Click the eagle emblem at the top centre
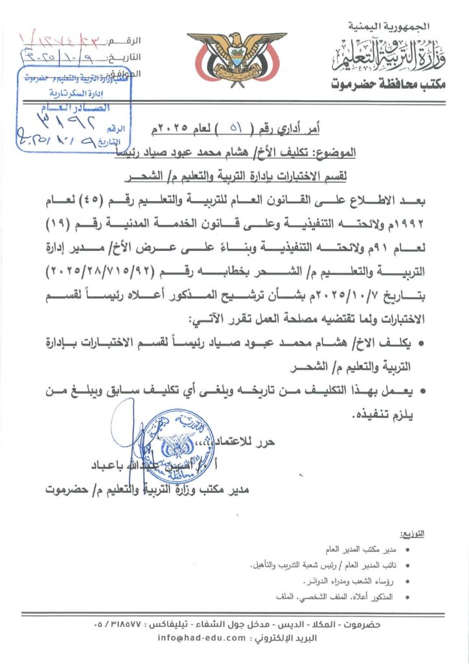click(236, 59)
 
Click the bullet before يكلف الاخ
click(422, 342)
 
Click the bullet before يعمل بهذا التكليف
click(422, 391)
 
